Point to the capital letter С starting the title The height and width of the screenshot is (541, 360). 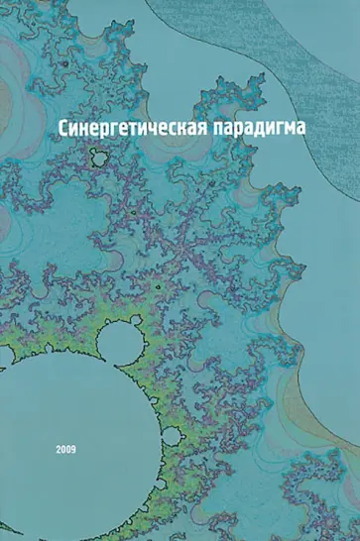click(66, 129)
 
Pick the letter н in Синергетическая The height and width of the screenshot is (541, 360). click(90, 131)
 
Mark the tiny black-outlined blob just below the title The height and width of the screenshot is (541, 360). click(98, 156)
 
